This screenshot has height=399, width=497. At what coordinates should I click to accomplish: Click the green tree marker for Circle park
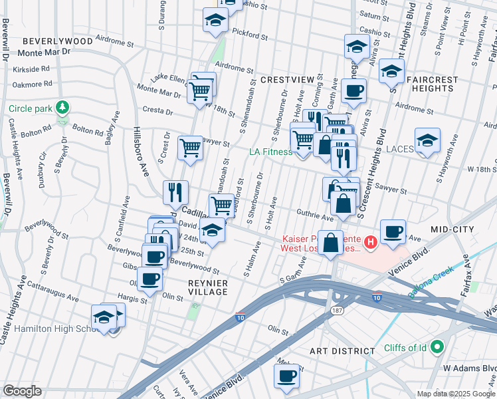point(62,107)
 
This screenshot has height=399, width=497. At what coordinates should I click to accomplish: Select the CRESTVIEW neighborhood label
point(286,80)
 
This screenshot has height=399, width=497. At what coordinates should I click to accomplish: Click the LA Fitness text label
point(270,152)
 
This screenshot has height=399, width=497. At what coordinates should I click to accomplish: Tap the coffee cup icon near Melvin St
point(287,376)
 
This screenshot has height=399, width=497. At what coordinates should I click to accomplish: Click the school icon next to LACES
point(427,140)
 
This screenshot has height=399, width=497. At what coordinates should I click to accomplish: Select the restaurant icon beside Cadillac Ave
point(175,192)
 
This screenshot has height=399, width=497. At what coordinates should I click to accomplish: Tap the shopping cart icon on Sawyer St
point(191,148)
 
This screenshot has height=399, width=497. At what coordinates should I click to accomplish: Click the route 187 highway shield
point(330,311)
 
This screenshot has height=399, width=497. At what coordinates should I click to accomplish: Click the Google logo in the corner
point(22,391)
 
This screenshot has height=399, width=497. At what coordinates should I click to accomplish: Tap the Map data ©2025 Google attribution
point(455,394)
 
